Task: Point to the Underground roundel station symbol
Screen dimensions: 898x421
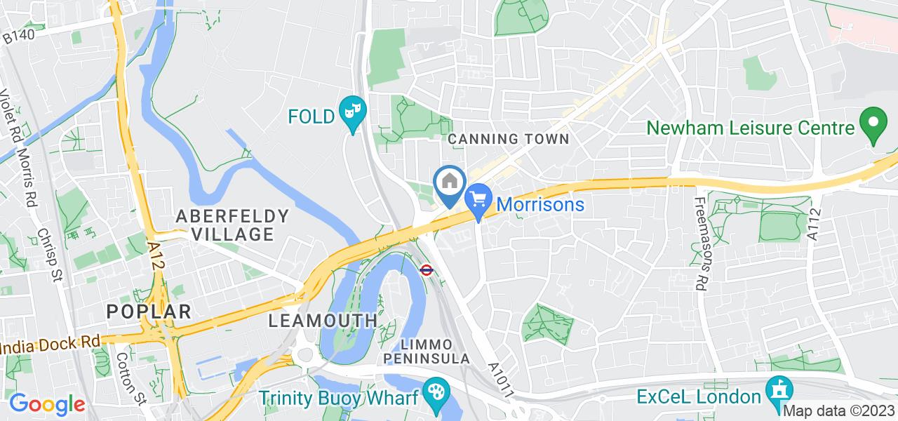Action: [425, 269]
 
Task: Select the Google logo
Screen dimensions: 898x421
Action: [46, 404]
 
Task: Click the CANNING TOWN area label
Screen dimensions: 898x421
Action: [509, 139]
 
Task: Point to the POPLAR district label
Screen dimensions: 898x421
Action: [149, 311]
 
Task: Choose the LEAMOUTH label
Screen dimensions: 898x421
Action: [323, 321]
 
